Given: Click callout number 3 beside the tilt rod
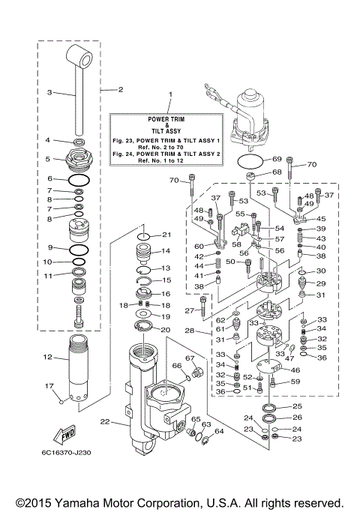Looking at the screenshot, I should coord(49,93).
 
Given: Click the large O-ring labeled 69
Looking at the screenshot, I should coord(250,160).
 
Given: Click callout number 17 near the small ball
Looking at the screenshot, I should coord(49,386).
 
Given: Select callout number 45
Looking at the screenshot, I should coord(322,218).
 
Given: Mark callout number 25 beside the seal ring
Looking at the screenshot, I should coord(297,406).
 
